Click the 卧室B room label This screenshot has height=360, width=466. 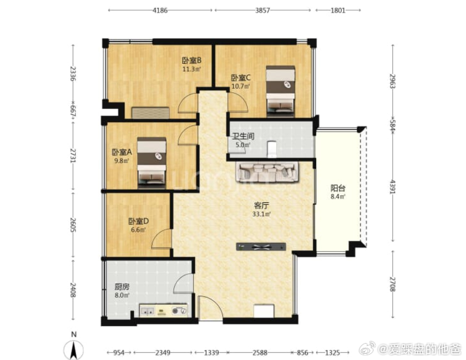pyautogui.click(x=191, y=61)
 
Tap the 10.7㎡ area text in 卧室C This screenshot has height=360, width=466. pyautogui.click(x=241, y=87)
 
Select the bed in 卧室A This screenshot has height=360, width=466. pyautogui.click(x=151, y=162)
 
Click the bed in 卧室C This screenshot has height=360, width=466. pyautogui.click(x=281, y=91)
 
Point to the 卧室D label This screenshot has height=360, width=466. pyautogui.click(x=138, y=222)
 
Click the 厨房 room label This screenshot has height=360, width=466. pyautogui.click(x=122, y=287)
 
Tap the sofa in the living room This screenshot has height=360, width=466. pyautogui.click(x=267, y=172)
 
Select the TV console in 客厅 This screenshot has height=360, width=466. pyautogui.click(x=261, y=246)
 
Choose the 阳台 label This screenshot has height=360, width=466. pyautogui.click(x=338, y=188)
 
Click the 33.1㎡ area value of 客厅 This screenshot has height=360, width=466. pyautogui.click(x=261, y=214)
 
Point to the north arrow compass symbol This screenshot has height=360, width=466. pyautogui.click(x=73, y=349)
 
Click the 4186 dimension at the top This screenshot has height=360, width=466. pyautogui.click(x=160, y=11)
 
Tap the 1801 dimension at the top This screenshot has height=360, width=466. pyautogui.click(x=338, y=11)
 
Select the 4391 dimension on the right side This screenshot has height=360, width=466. pyautogui.click(x=393, y=187)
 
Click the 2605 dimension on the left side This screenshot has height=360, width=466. pyautogui.click(x=73, y=225)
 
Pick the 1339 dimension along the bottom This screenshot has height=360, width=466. pyautogui.click(x=211, y=353)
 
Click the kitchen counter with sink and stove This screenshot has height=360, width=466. pyautogui.click(x=164, y=310)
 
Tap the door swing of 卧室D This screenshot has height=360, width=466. pyautogui.click(x=161, y=239)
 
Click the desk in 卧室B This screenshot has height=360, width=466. pyautogui.click(x=150, y=113)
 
